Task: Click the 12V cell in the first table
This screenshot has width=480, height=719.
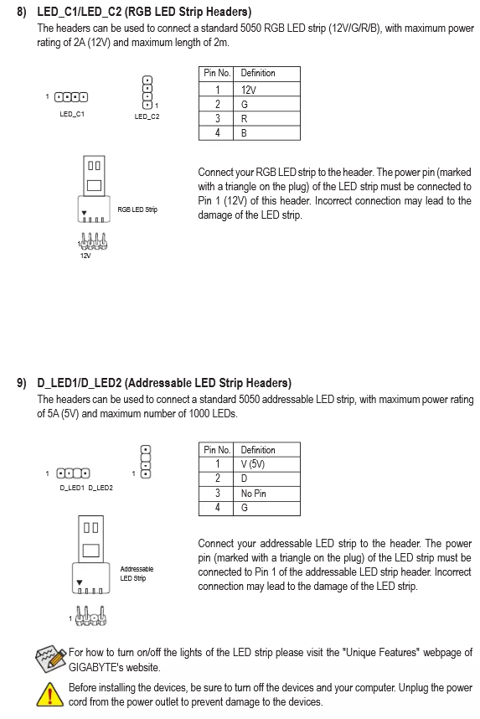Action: (266, 90)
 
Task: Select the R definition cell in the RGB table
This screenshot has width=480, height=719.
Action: (266, 118)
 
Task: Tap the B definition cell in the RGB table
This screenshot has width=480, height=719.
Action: (266, 133)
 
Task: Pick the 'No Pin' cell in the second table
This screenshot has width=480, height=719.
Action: (266, 494)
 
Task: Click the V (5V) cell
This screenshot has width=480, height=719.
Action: (266, 464)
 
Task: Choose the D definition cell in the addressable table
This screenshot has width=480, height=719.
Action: (266, 478)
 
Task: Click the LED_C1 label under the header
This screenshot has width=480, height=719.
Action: (72, 114)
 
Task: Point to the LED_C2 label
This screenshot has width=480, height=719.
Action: (147, 116)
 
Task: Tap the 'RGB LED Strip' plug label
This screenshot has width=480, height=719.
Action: (137, 209)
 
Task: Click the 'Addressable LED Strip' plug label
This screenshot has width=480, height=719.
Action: (137, 574)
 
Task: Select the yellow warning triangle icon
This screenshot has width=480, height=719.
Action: (49, 694)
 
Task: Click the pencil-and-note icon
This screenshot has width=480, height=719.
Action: (51, 659)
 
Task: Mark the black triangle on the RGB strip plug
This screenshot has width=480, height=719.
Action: (84, 213)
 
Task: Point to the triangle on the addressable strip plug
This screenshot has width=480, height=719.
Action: (80, 582)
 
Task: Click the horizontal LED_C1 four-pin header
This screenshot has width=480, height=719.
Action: (71, 97)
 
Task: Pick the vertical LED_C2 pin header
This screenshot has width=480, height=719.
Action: (147, 93)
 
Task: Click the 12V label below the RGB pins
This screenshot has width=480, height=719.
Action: (85, 256)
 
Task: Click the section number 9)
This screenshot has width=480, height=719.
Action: (22, 383)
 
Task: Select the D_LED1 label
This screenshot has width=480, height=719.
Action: (72, 488)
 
